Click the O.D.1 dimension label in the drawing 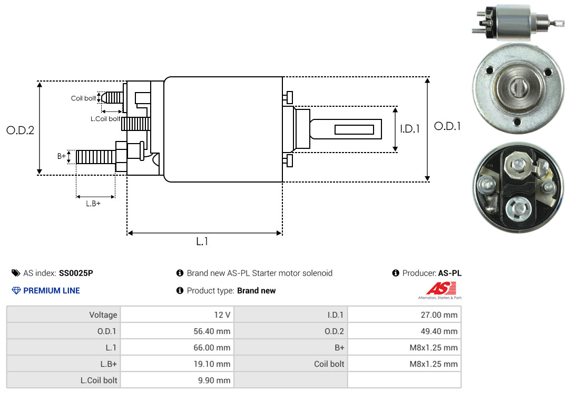point(447,126)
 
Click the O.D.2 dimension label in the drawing point(20,130)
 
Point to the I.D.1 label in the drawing point(409,128)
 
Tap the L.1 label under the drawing point(203,241)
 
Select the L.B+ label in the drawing point(93,204)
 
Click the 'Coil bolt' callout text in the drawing point(83,98)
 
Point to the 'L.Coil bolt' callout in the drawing point(105,119)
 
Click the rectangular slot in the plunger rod point(354,129)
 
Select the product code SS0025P point(76,273)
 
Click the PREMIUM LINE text point(52,290)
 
